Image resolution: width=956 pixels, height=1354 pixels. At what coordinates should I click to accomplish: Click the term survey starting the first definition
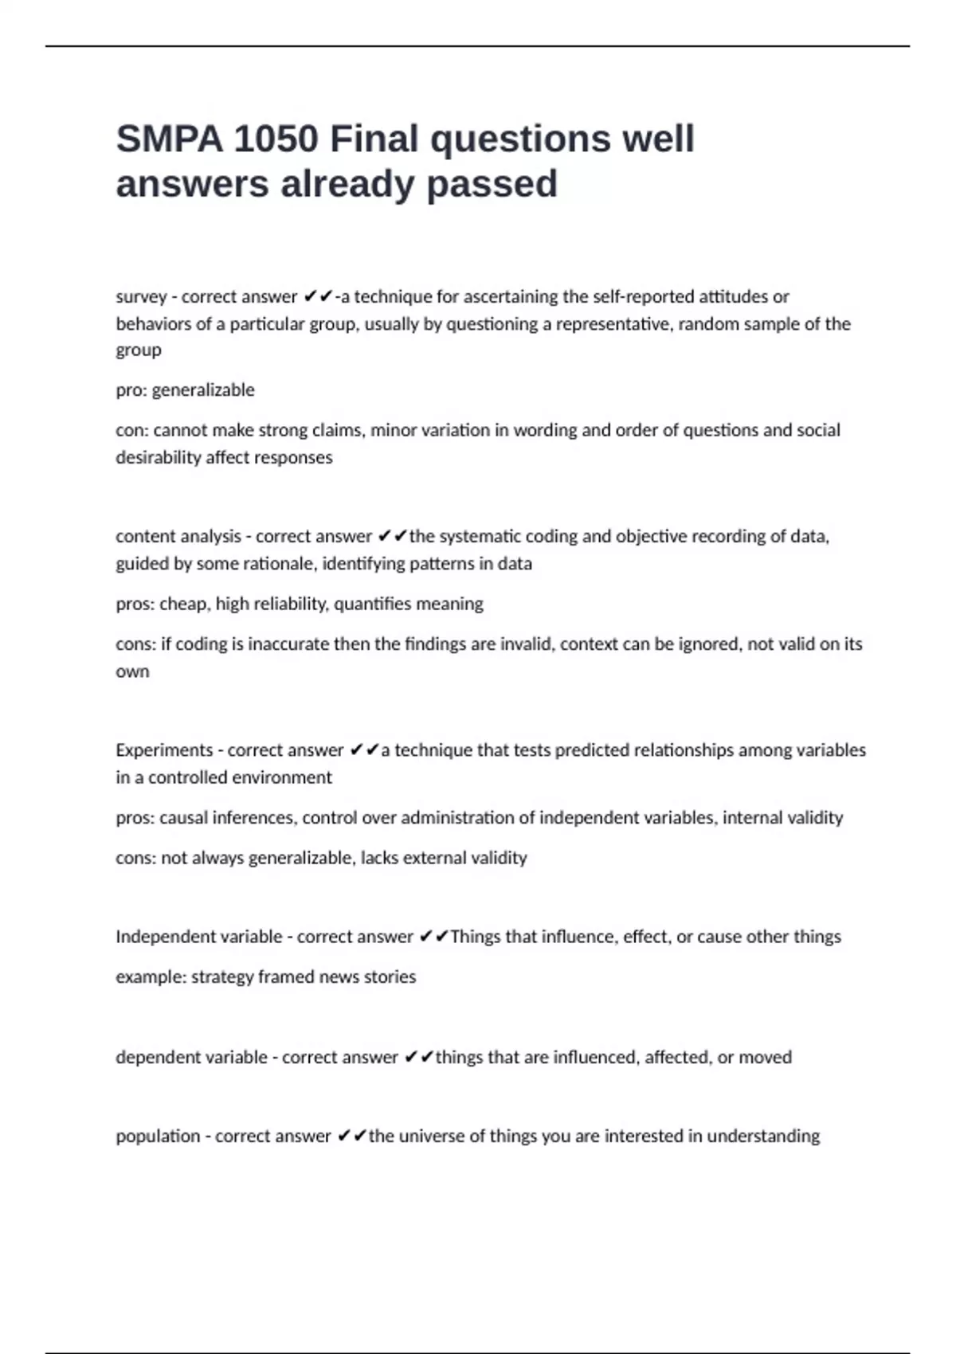point(141,297)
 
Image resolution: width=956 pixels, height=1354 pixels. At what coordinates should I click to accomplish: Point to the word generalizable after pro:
point(203,390)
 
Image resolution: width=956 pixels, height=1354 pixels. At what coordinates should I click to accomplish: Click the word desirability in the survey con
point(159,457)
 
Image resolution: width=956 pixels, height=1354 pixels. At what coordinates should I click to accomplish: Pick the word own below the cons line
point(132,671)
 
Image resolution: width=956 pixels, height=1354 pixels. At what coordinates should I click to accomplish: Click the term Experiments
point(163,750)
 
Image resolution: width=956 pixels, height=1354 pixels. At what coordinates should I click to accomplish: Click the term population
point(158,1137)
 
